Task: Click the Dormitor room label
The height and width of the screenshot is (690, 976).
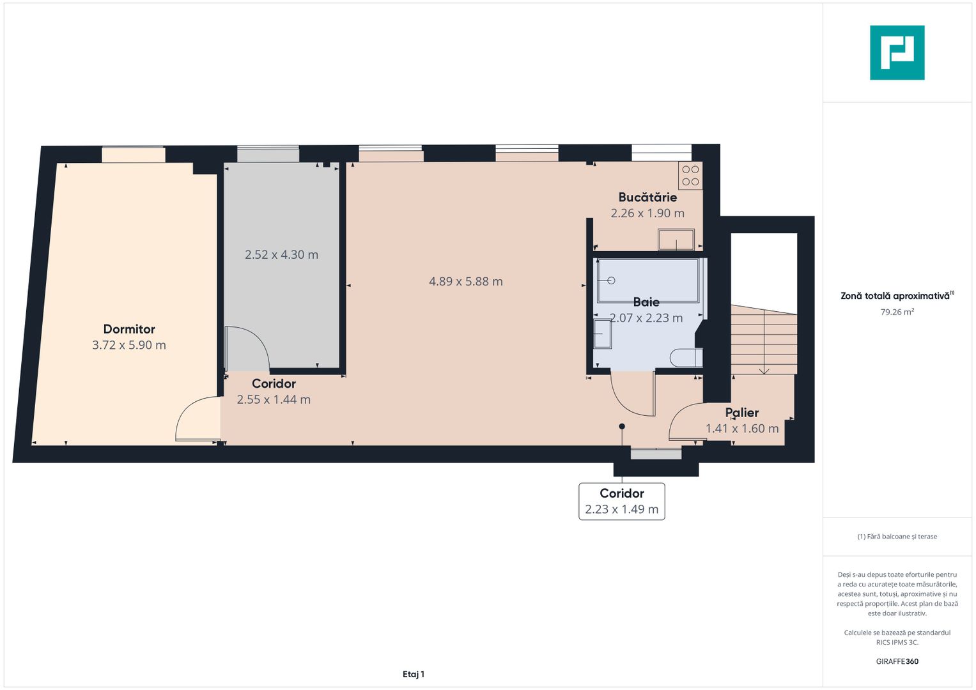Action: click(x=129, y=329)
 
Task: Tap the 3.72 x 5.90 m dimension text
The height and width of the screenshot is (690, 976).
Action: click(x=129, y=346)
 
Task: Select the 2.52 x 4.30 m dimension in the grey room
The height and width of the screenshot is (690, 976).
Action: click(x=281, y=255)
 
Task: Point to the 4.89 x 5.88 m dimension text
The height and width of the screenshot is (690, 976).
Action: click(x=465, y=282)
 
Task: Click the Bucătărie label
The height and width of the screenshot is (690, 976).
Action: click(x=647, y=197)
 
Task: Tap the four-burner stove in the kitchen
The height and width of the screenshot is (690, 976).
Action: click(x=690, y=176)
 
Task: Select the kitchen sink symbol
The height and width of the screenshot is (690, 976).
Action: click(x=676, y=240)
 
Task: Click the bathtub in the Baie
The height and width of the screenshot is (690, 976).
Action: click(x=647, y=280)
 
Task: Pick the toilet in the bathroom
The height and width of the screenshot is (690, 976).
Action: click(x=686, y=358)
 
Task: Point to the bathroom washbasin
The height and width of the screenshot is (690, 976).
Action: click(x=602, y=333)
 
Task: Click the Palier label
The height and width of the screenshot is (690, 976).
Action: click(x=741, y=413)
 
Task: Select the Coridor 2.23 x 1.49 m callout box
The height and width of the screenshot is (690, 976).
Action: click(x=621, y=502)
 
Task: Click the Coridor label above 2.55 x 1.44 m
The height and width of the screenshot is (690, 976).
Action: click(x=274, y=384)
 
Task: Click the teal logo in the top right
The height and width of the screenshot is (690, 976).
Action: click(x=897, y=53)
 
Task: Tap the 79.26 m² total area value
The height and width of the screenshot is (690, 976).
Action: click(x=897, y=312)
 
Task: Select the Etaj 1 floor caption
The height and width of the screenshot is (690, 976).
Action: click(x=414, y=674)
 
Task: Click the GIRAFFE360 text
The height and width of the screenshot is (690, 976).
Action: click(x=897, y=661)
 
